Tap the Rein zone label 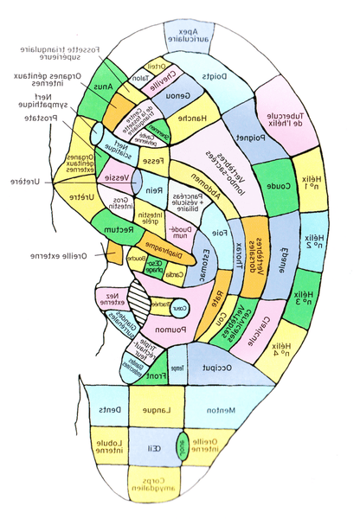(153, 191)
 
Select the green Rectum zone (118, 231)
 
